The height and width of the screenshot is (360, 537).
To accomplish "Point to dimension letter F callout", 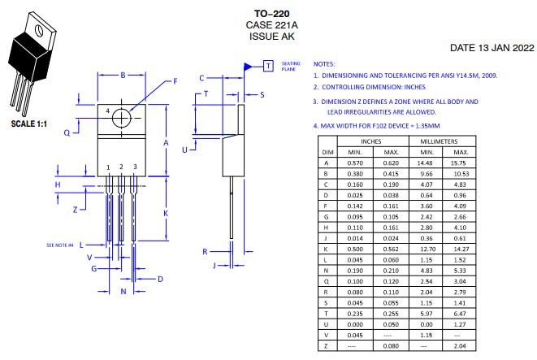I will [174, 82].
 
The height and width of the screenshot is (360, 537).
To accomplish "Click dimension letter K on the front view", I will [166, 213].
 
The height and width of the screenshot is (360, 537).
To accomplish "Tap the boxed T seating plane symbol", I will [267, 64].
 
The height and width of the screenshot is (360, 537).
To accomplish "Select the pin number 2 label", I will [121, 167].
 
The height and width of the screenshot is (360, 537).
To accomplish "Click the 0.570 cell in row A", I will [355, 163].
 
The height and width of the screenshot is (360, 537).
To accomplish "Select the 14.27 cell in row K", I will [461, 249].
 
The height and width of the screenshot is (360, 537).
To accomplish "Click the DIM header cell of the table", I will [327, 152].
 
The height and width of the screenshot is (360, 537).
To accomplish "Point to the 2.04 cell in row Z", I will [461, 345].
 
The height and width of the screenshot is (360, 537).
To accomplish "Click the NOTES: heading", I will [323, 63].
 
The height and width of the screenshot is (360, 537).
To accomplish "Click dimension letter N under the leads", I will [123, 290].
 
